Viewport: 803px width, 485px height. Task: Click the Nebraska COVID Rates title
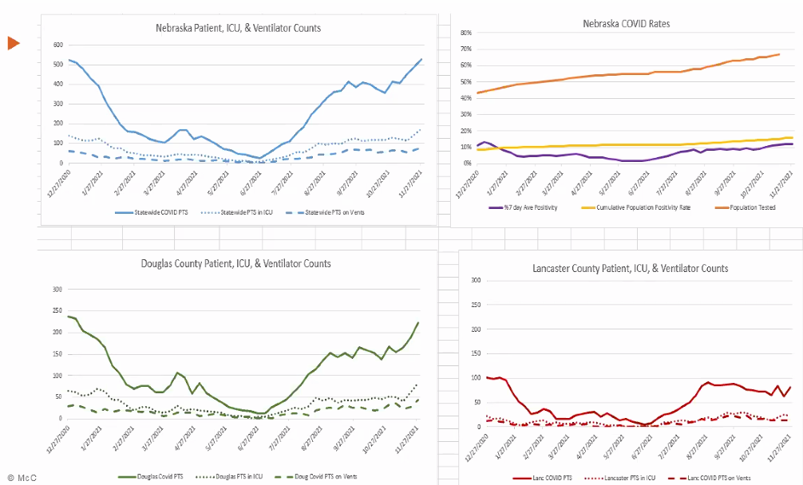[627, 24]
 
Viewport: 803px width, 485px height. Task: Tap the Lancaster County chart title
[630, 269]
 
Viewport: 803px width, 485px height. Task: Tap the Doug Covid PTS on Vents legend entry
[319, 477]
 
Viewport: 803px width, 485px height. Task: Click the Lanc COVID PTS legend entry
[545, 477]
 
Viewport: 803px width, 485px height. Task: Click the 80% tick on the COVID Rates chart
[465, 33]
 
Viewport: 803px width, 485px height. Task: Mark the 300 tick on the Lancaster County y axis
[475, 281]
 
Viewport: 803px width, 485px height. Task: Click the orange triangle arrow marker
[14, 43]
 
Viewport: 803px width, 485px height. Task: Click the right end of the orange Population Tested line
[778, 54]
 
